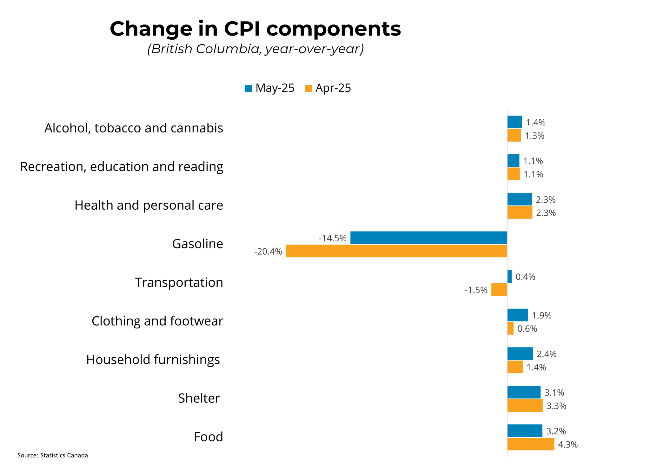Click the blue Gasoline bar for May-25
[428, 238]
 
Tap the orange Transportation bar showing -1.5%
[499, 290]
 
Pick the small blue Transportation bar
[509, 276]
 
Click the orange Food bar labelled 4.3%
[530, 444]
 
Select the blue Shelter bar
[524, 392]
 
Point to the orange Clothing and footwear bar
[510, 328]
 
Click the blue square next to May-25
[249, 88]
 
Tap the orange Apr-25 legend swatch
[308, 88]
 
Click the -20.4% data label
[268, 252]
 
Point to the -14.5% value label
[332, 238]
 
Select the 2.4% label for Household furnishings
[546, 354]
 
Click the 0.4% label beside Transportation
[525, 277]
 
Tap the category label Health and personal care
[149, 205]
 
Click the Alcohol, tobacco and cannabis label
[134, 128]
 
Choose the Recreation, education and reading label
[122, 167]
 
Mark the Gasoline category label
[197, 244]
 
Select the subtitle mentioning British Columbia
[255, 49]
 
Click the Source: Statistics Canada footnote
[53, 455]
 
